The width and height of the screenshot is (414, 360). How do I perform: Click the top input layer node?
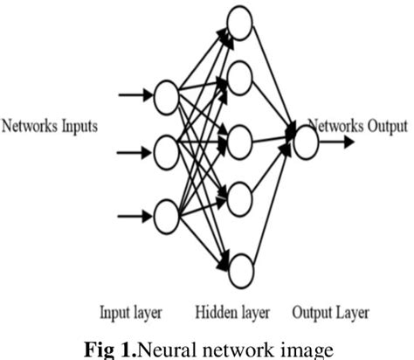tap(167, 98)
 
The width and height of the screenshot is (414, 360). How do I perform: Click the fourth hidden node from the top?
tap(239, 199)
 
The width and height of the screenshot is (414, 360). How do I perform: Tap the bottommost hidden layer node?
tap(239, 267)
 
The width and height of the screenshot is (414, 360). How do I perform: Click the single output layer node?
tap(306, 142)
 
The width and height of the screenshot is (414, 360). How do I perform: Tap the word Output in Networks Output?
tap(384, 126)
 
